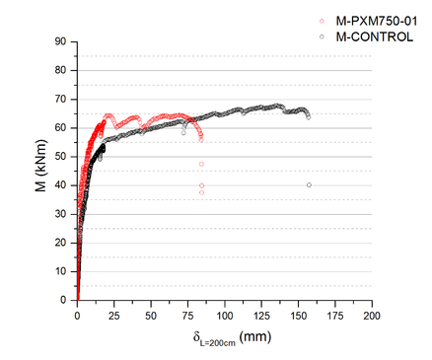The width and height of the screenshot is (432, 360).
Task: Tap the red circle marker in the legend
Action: (x=322, y=20)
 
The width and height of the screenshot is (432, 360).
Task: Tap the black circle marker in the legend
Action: (x=322, y=36)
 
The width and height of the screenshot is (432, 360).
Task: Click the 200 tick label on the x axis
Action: (x=371, y=316)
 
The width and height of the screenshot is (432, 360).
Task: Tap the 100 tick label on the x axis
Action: (x=225, y=316)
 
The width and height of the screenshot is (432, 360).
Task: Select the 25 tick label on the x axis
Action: (x=114, y=316)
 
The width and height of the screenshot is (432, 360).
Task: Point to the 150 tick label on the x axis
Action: (x=298, y=316)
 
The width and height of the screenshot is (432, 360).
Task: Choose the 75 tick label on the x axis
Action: (x=187, y=316)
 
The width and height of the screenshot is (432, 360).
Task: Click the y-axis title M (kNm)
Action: (x=40, y=170)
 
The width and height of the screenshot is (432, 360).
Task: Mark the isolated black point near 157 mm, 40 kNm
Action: (x=309, y=184)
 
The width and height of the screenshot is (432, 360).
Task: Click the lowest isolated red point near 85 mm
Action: (x=201, y=192)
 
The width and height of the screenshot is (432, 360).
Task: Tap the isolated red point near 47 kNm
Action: (x=201, y=164)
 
